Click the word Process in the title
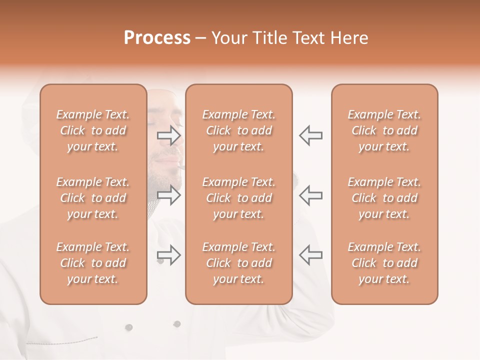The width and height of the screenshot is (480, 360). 157,38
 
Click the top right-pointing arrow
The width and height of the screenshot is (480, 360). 168,135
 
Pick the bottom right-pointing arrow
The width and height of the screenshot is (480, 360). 168,254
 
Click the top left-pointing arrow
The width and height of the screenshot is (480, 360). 310,135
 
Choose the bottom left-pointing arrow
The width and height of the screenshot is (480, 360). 310,254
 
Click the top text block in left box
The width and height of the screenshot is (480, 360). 93,130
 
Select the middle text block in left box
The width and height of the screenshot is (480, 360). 93,198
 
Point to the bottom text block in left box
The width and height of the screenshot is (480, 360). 93,263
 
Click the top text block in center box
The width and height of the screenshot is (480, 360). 238,130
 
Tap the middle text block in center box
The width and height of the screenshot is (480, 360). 238,198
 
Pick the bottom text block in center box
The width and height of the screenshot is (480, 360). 238,263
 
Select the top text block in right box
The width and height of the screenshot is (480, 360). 384,130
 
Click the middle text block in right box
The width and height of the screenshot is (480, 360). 384,198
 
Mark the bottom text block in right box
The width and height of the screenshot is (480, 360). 384,263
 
